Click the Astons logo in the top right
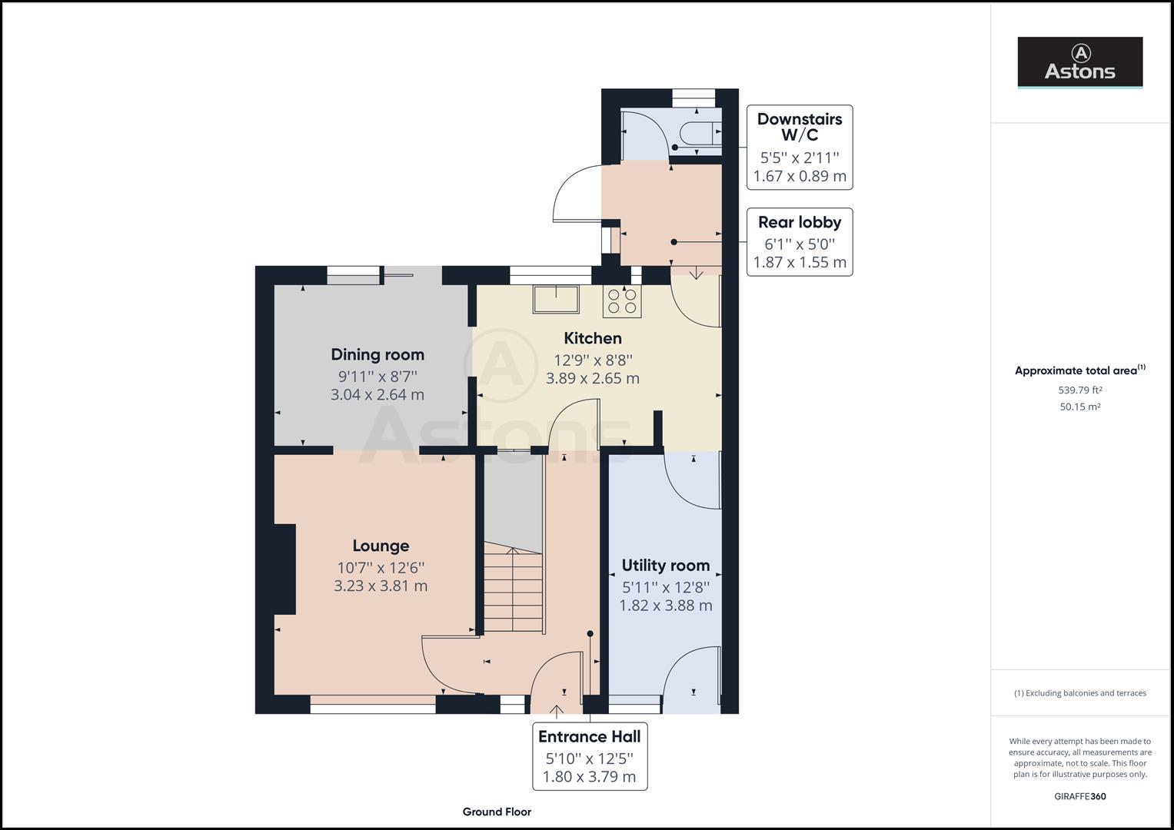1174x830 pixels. click(x=1079, y=62)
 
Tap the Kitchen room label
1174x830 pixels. click(x=592, y=338)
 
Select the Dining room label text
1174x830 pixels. click(x=377, y=354)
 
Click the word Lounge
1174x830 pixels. click(x=381, y=546)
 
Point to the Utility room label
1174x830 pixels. click(x=665, y=566)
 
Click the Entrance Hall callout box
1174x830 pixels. click(x=590, y=756)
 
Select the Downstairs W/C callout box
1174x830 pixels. click(x=800, y=147)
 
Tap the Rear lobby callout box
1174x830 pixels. click(x=800, y=241)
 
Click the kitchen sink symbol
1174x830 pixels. click(x=557, y=299)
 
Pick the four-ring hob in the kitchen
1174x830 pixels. click(x=622, y=301)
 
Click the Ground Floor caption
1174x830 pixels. click(x=497, y=812)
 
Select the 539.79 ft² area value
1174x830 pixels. click(x=1079, y=390)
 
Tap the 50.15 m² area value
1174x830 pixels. click(x=1079, y=407)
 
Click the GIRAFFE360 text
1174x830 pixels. click(x=1079, y=796)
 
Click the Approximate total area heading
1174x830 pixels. click(x=1079, y=370)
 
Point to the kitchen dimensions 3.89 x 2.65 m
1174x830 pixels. click(x=592, y=378)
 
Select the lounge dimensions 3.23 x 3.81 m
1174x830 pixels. click(x=381, y=586)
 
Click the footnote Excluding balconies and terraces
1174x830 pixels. click(x=1079, y=693)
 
